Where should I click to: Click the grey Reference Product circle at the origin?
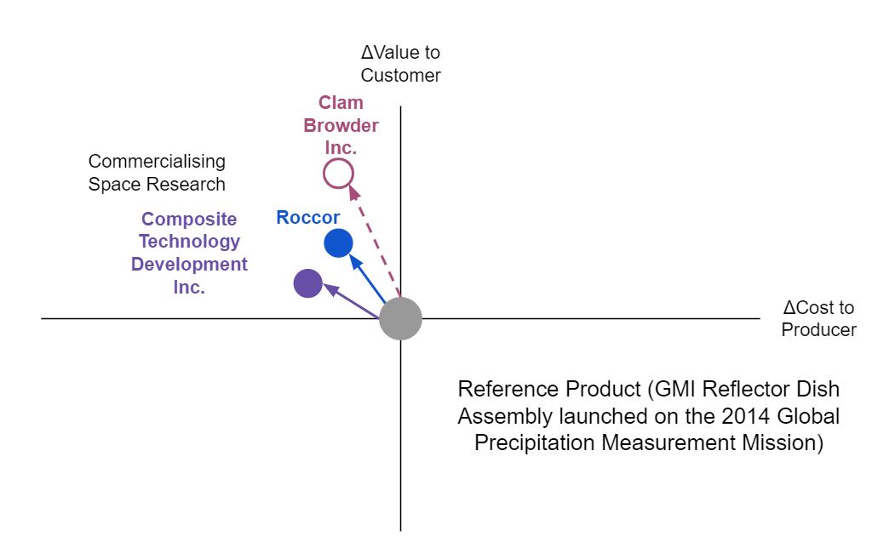400,318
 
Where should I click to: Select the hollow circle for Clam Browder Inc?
338,174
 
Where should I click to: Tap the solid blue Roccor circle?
338,243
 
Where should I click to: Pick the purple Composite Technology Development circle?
307,283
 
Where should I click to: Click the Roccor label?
307,218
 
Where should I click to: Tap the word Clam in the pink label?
341,103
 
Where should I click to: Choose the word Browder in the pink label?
341,126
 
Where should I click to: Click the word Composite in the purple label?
189,220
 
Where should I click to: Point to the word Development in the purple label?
189,265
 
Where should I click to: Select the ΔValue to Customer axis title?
400,64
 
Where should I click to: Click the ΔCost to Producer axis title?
818,319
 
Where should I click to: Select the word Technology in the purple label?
189,242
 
